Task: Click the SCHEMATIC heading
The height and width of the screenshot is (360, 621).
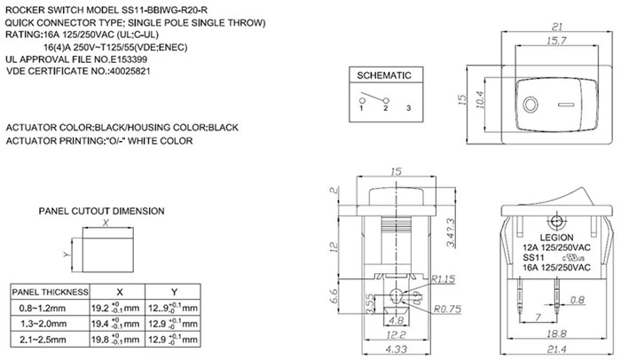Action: (x=384, y=76)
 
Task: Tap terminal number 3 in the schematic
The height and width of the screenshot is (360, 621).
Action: (x=407, y=108)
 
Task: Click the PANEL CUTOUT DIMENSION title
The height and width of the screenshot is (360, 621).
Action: (x=101, y=211)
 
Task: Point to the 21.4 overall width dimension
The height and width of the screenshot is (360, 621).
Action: (x=557, y=349)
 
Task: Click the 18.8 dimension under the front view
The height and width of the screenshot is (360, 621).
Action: (x=557, y=333)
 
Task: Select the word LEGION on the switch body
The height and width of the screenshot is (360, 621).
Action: (x=556, y=238)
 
